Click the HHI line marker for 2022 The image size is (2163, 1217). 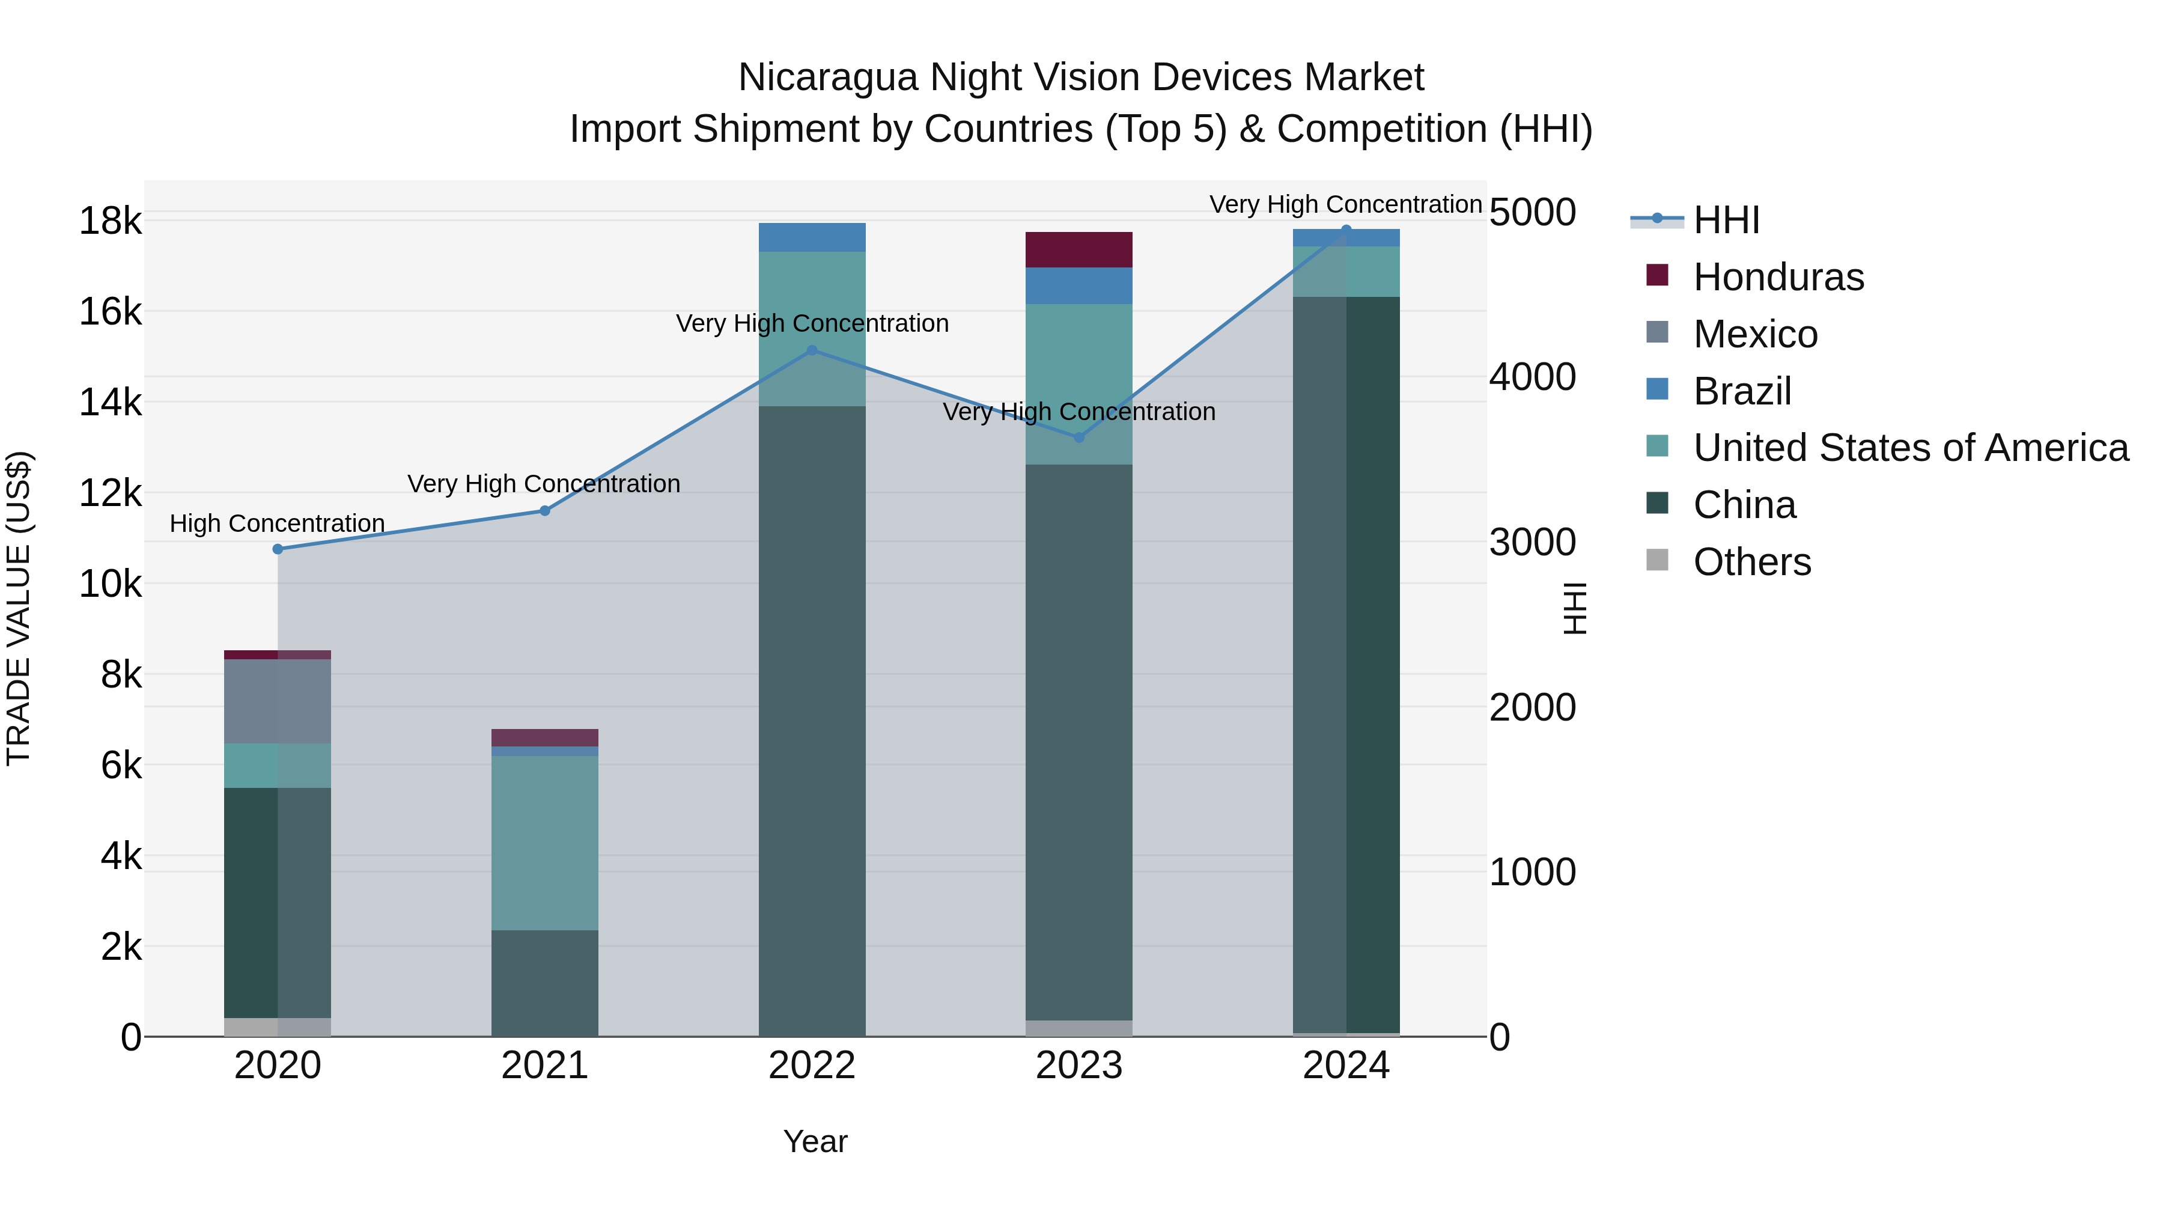point(811,350)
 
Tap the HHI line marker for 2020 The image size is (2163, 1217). point(278,549)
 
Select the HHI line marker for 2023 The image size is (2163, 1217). point(1079,437)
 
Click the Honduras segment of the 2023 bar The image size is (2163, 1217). point(1079,249)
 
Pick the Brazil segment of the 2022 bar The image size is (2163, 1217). point(811,237)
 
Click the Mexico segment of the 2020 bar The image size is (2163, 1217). point(278,701)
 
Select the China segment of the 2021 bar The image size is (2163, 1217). point(544,982)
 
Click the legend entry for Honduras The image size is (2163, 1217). point(1778,277)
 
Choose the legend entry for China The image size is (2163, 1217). point(1744,505)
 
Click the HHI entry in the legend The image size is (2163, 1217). point(1726,220)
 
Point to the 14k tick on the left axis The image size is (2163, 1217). point(111,402)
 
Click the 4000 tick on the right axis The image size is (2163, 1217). point(1532,377)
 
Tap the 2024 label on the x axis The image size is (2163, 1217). point(1345,1066)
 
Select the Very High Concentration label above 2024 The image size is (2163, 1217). point(1345,204)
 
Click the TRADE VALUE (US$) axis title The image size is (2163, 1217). point(19,608)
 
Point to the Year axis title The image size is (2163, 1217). point(815,1141)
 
